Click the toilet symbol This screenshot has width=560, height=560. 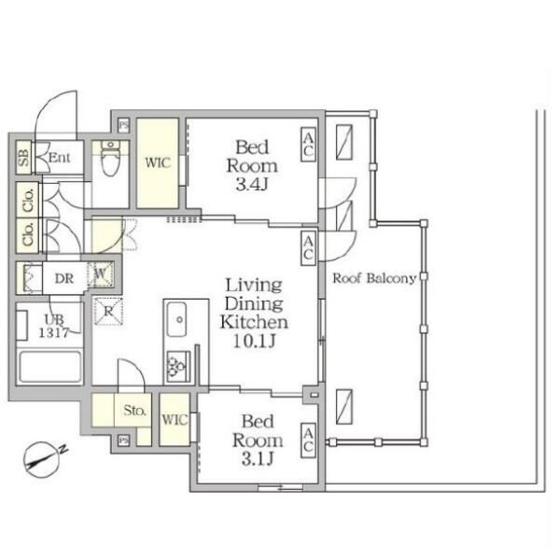[110, 159]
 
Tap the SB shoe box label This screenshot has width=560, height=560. [23, 157]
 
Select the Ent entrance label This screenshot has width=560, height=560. [60, 157]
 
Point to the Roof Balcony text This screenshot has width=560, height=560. [374, 278]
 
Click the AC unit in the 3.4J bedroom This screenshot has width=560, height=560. [308, 145]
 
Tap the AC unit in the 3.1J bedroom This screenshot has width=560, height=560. [308, 441]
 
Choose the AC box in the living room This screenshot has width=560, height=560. [308, 248]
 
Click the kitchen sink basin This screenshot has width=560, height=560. [176, 319]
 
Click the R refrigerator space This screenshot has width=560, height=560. [108, 311]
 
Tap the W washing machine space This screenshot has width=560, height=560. [101, 274]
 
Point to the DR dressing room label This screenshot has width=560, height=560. [64, 278]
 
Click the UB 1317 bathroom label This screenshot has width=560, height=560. [54, 326]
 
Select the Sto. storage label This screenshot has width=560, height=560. [134, 410]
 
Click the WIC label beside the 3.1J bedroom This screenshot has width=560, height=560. [175, 420]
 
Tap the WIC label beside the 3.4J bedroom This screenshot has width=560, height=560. [158, 163]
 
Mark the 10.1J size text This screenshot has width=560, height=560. [254, 341]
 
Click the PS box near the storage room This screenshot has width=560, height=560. [123, 441]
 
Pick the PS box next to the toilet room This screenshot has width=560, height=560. [123, 125]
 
